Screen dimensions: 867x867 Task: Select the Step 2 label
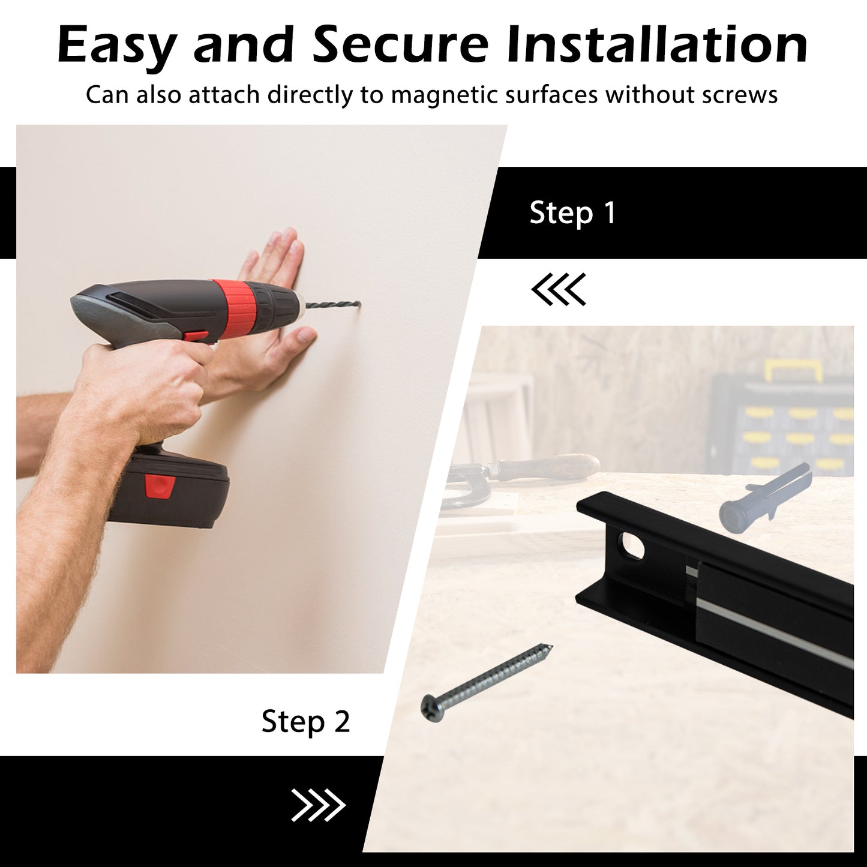tap(305, 722)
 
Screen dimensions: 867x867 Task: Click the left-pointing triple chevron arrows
tap(559, 289)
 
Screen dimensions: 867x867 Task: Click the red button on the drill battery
tap(160, 487)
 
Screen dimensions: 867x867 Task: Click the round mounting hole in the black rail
tap(632, 545)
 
